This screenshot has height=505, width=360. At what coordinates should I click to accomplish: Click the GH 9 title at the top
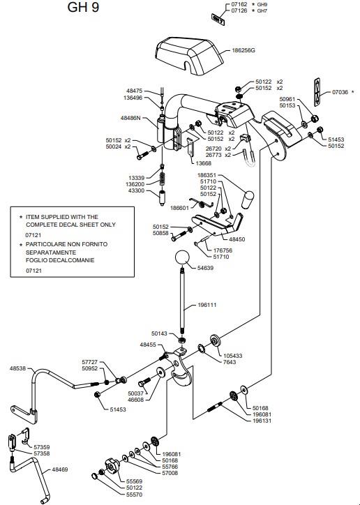(x=83, y=7)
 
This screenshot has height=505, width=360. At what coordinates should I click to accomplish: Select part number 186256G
(x=243, y=50)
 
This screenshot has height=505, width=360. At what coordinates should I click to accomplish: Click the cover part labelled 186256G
(x=189, y=56)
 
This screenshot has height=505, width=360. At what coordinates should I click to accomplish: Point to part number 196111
(x=207, y=305)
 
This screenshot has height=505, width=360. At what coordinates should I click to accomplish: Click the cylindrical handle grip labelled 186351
(x=248, y=200)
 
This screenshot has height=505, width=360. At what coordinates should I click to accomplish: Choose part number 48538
(x=17, y=368)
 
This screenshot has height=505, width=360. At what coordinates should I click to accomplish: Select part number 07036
(x=340, y=92)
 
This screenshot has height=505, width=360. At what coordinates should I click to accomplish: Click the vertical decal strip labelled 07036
(x=317, y=92)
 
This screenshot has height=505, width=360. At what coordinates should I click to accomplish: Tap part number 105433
(x=233, y=356)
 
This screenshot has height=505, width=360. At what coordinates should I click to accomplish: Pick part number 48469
(x=60, y=469)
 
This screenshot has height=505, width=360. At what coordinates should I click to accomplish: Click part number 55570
(x=134, y=495)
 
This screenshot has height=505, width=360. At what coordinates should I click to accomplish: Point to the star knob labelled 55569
(x=112, y=465)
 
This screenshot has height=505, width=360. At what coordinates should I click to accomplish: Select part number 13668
(x=204, y=163)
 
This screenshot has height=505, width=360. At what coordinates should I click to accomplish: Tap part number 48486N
(x=130, y=118)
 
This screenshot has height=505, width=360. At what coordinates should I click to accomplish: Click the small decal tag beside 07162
(x=218, y=20)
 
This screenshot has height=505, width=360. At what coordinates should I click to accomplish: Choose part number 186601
(x=180, y=208)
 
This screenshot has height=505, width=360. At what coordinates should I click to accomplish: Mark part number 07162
(x=239, y=4)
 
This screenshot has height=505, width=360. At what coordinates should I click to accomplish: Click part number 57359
(x=42, y=447)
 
